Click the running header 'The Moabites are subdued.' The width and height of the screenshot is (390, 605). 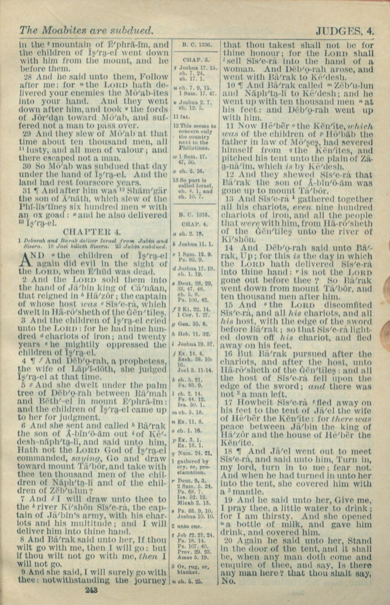coord(86,30)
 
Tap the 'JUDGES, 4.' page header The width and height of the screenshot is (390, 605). coord(345,31)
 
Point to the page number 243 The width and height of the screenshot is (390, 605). coord(91,590)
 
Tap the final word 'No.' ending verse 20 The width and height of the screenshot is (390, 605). coord(228,581)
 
